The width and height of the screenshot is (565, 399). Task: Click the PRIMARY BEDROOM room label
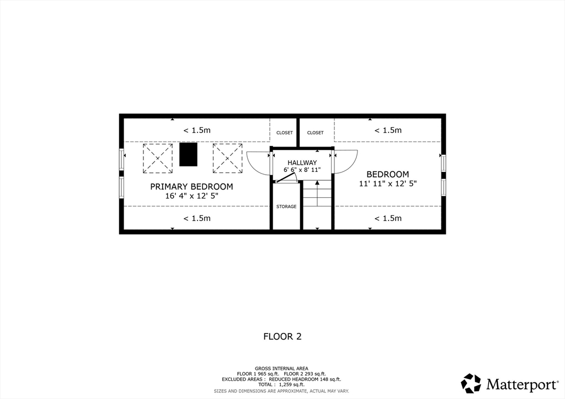tap(191, 187)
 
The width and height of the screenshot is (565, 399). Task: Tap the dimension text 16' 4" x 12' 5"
tap(191, 196)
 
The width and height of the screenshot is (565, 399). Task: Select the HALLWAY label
tap(302, 163)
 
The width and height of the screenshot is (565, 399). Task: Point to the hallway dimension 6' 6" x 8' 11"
tap(302, 170)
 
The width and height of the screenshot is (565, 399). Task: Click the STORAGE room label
tap(286, 207)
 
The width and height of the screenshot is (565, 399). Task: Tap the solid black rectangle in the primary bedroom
tap(189, 154)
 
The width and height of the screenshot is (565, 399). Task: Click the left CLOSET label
tap(285, 133)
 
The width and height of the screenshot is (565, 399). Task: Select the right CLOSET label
tap(315, 133)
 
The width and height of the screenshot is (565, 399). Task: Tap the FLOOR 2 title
tap(282, 336)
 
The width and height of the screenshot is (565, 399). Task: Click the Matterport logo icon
tap(471, 384)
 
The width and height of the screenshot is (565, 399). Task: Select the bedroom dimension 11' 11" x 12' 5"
tap(388, 184)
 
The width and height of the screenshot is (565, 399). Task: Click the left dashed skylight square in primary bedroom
tap(157, 158)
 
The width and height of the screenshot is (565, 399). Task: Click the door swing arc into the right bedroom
tap(350, 166)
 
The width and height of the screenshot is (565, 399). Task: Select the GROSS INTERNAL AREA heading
tap(281, 369)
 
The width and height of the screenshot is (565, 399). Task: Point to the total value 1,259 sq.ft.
tap(292, 385)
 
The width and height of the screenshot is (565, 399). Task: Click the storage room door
tap(286, 179)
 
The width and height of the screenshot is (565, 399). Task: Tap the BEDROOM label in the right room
tap(388, 175)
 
